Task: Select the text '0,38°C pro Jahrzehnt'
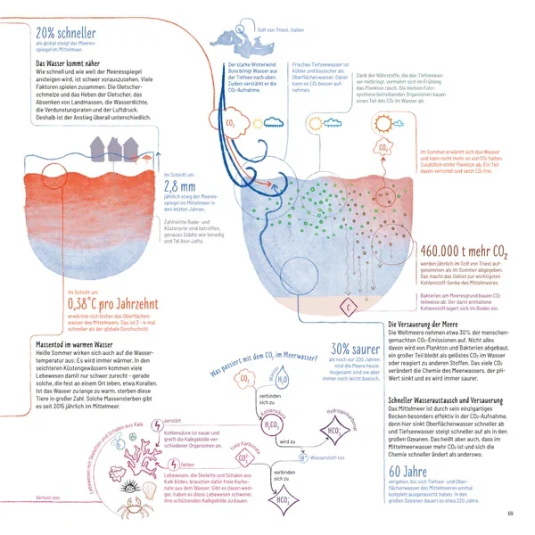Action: [x=107, y=302]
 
